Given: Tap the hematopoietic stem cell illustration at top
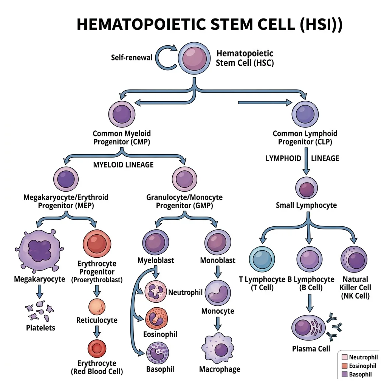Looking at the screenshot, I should [195, 57].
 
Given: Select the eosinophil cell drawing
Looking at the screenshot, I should [156, 318].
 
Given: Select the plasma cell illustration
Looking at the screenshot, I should [310, 326].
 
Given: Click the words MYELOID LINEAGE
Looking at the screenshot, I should [123, 165].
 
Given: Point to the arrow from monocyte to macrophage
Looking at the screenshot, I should [218, 323].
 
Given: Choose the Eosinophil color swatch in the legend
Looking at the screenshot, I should [344, 366].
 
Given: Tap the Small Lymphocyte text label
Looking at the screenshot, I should [306, 205].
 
